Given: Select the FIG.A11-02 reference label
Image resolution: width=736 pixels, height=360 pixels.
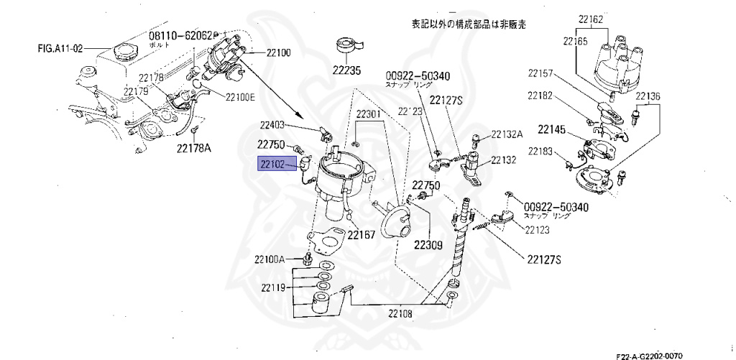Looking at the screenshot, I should (x=61, y=50).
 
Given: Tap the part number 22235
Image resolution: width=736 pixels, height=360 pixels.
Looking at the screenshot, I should (x=347, y=70).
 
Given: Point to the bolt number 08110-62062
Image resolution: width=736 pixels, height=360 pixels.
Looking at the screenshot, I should (x=180, y=36).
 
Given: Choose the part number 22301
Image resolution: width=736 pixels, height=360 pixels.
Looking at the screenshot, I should (x=371, y=114).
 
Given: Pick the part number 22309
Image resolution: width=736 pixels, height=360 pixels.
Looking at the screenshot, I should (x=429, y=244).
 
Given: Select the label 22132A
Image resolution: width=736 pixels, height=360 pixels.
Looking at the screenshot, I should (x=507, y=134).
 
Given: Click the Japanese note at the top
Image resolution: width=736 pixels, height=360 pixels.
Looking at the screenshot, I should (x=469, y=24).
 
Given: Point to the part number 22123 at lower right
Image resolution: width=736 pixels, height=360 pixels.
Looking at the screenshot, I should (x=536, y=231).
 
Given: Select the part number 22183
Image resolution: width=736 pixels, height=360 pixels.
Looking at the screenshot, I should (x=541, y=151).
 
